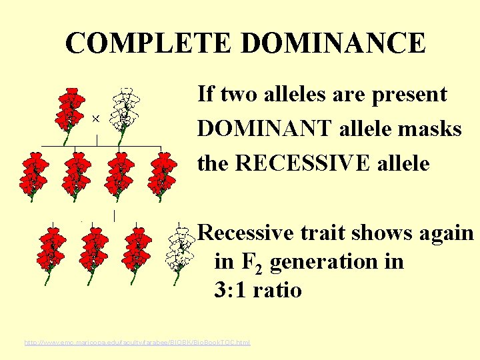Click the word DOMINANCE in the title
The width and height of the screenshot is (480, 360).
(333, 44)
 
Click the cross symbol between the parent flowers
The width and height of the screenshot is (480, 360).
(95, 118)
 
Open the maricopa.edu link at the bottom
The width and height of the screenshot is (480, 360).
(137, 343)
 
